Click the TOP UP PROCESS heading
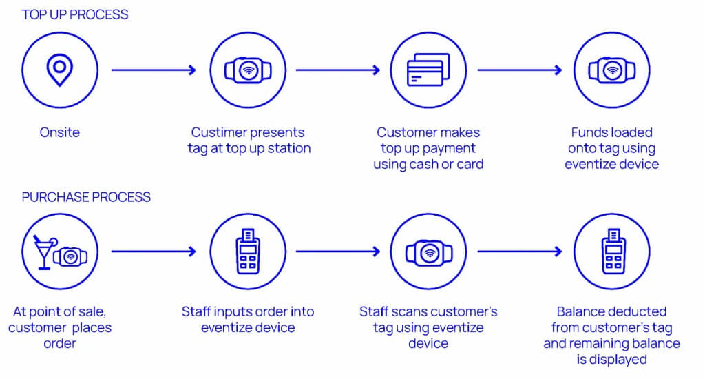coord(75,14)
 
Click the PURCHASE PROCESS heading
coord(86,197)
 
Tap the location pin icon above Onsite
coord(60,70)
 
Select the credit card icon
coord(428,70)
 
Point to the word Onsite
coord(60,132)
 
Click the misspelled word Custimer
coord(220,132)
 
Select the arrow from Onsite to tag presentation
coord(154,70)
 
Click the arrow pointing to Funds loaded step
coord(520,70)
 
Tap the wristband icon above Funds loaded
coord(611,70)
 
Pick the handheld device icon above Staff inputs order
coord(248,252)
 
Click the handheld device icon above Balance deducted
coord(611,252)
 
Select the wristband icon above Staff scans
coord(428,252)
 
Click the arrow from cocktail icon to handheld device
coord(154,252)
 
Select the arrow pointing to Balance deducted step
coord(520,252)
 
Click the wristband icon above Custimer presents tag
coord(248,70)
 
